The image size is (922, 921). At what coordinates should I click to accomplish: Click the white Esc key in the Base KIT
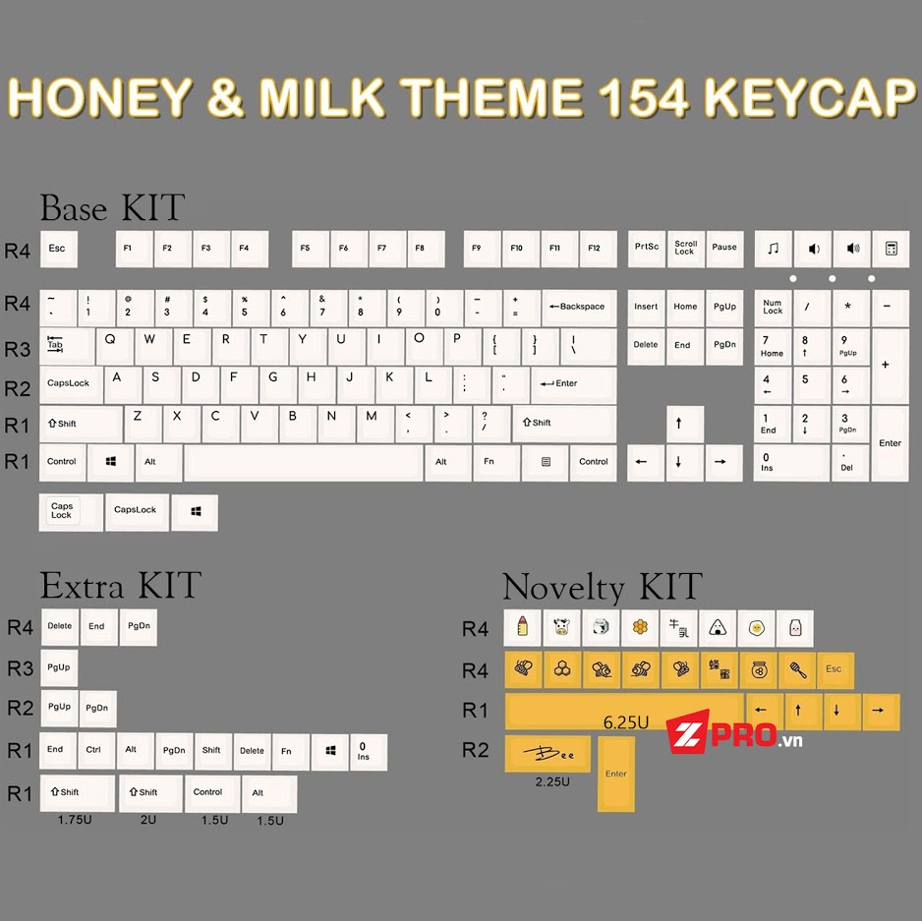pyautogui.click(x=57, y=249)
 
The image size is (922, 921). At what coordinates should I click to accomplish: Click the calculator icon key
pyautogui.click(x=891, y=249)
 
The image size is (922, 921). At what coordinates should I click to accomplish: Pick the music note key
pyautogui.click(x=773, y=249)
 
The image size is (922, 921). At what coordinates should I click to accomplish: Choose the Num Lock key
pyautogui.click(x=773, y=308)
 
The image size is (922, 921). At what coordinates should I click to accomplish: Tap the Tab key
pyautogui.click(x=56, y=345)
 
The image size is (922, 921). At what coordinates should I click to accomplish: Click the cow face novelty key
pyautogui.click(x=561, y=627)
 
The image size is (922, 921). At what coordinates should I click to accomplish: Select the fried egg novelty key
pyautogui.click(x=756, y=627)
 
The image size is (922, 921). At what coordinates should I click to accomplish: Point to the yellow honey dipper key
pyautogui.click(x=795, y=669)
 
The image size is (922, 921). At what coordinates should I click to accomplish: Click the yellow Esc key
pyautogui.click(x=834, y=669)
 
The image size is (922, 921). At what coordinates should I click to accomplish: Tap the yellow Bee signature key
pyautogui.click(x=547, y=753)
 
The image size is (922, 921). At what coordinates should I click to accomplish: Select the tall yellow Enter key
pyautogui.click(x=616, y=773)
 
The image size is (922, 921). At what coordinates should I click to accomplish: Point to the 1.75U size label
pyautogui.click(x=74, y=819)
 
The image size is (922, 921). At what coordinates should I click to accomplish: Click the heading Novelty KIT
pyautogui.click(x=602, y=587)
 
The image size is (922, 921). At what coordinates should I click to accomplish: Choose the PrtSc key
pyautogui.click(x=647, y=248)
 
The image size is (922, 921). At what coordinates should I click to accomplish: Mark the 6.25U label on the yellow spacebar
pyautogui.click(x=626, y=722)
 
